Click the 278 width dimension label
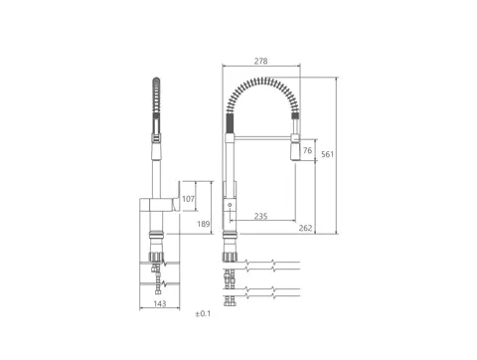[260, 61]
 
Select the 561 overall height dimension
[327, 154]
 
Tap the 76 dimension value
[307, 150]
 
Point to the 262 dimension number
[305, 228]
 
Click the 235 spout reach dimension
[260, 216]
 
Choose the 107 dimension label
[188, 199]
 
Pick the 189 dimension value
[204, 224]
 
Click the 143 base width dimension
[160, 303]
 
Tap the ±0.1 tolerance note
[203, 313]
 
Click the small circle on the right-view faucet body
[230, 205]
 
